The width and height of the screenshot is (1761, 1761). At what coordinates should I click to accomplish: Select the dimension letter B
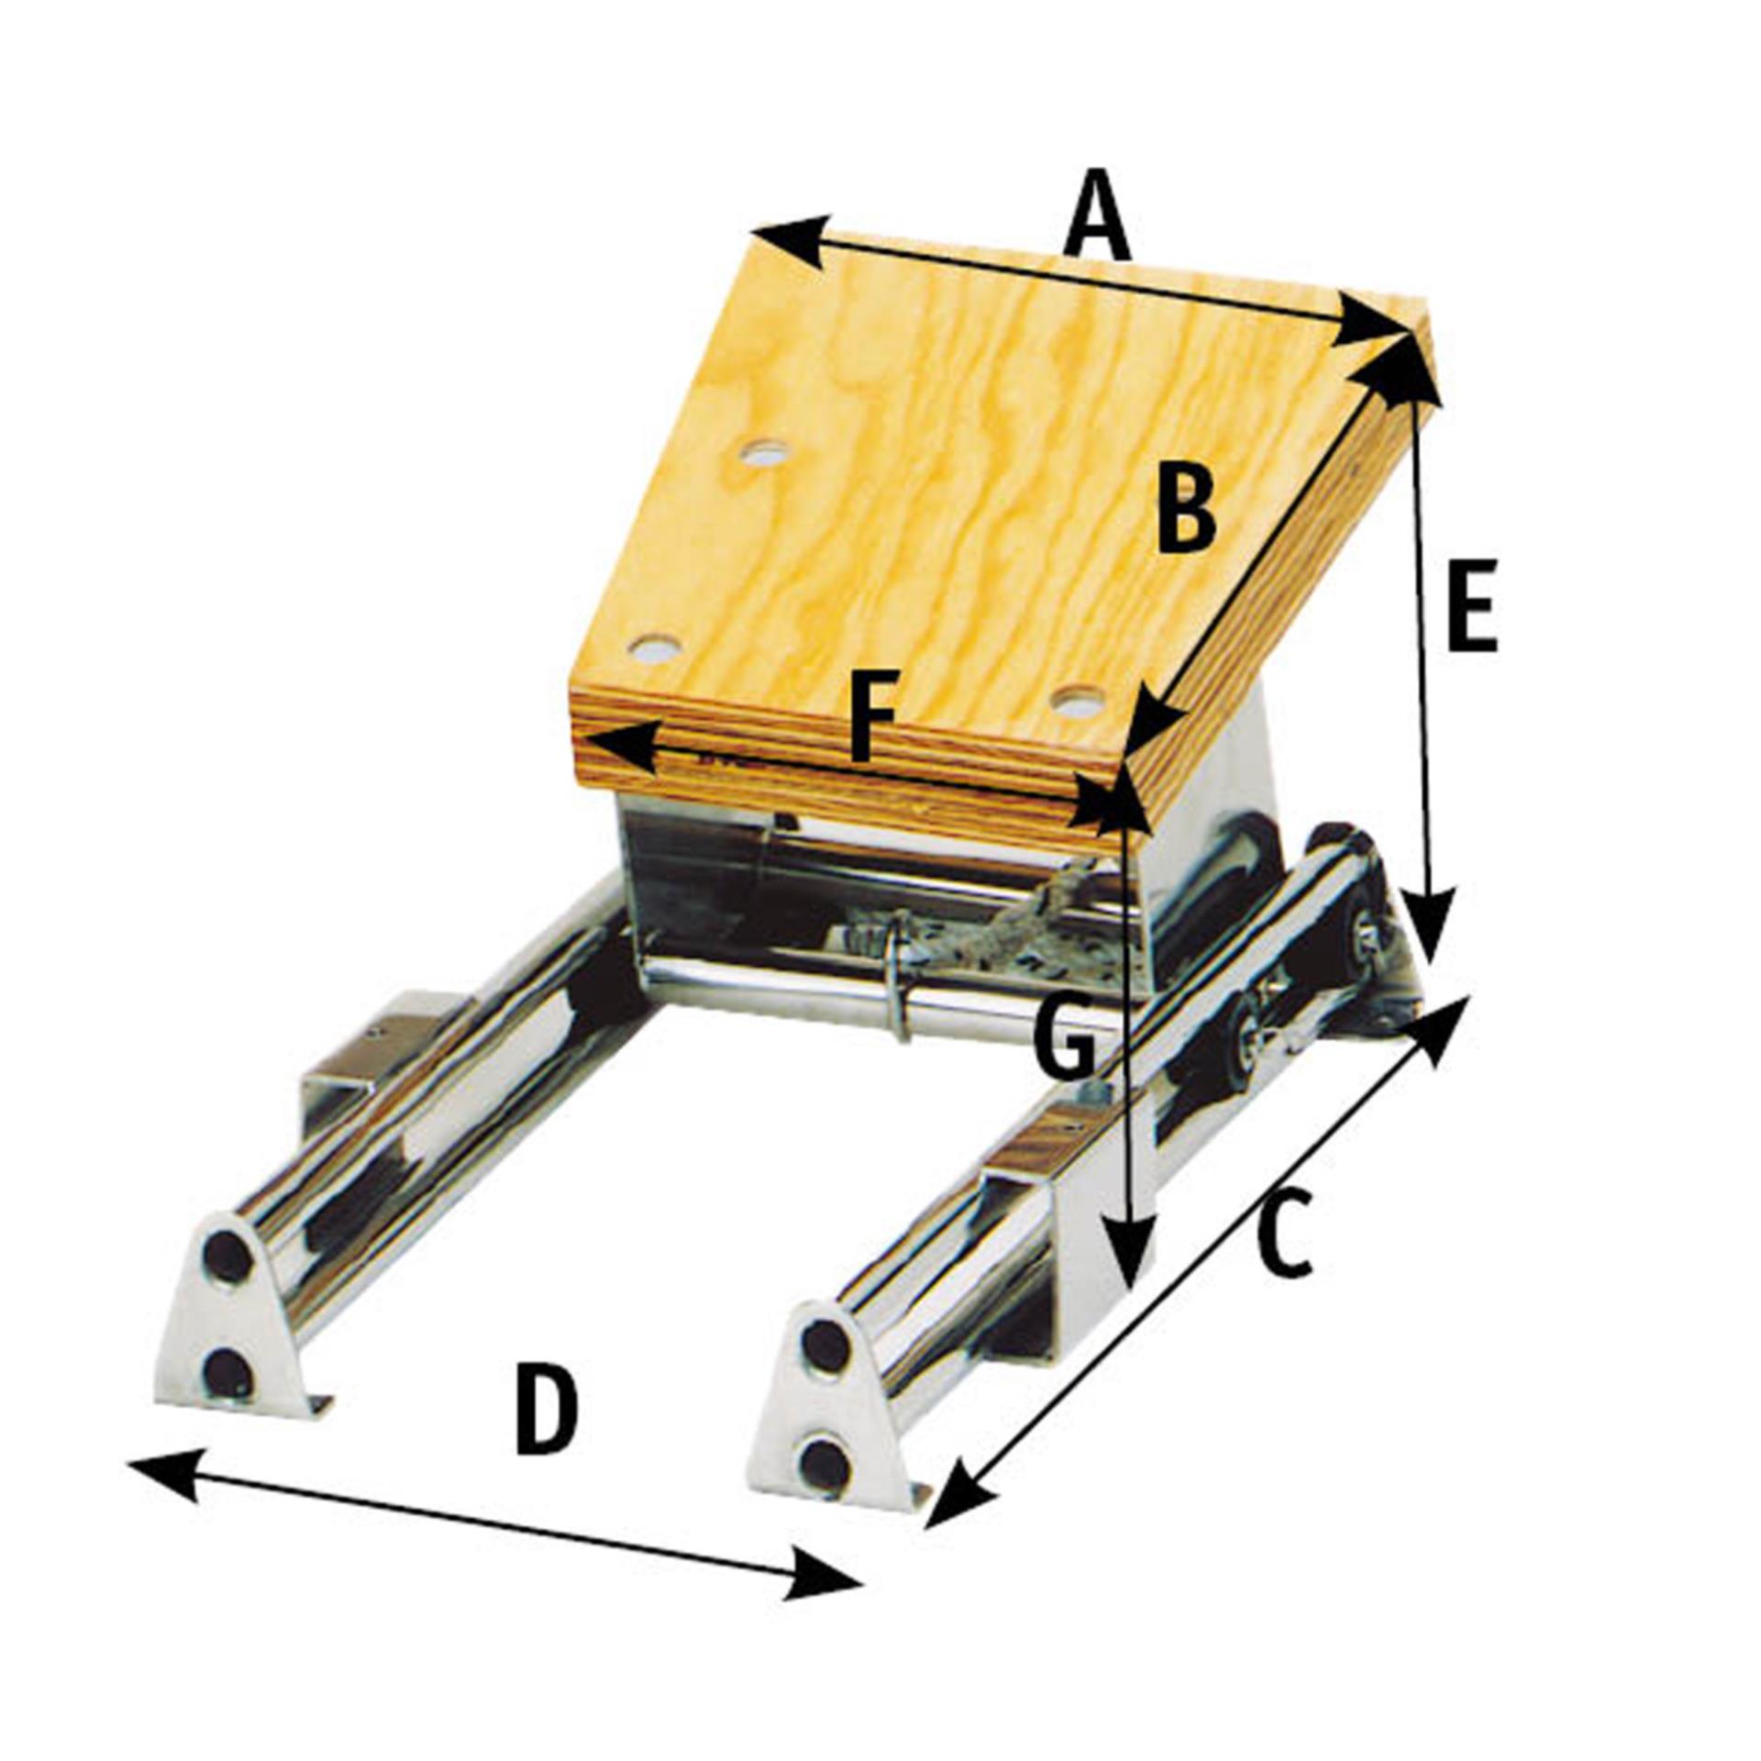tap(1186, 507)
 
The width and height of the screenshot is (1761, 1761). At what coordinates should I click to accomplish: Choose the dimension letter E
tap(1471, 605)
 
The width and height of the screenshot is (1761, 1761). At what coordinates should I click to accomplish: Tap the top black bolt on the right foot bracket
tap(826, 1344)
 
